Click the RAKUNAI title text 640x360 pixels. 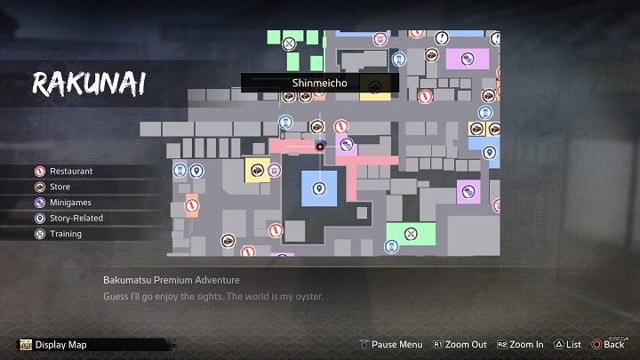[x=89, y=84]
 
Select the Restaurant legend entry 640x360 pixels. [x=71, y=171]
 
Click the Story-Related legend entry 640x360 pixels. [x=76, y=218]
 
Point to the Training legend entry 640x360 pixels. [x=65, y=234]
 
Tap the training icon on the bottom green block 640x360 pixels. [x=411, y=235]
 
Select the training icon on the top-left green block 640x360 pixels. [x=288, y=43]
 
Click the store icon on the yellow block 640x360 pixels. [x=256, y=170]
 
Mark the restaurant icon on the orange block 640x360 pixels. [x=191, y=205]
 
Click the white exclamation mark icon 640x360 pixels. [x=442, y=38]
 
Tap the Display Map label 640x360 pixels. [x=61, y=345]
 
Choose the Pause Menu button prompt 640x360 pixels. [x=390, y=345]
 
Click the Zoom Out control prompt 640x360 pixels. [x=460, y=345]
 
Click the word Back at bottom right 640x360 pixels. [x=613, y=345]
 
